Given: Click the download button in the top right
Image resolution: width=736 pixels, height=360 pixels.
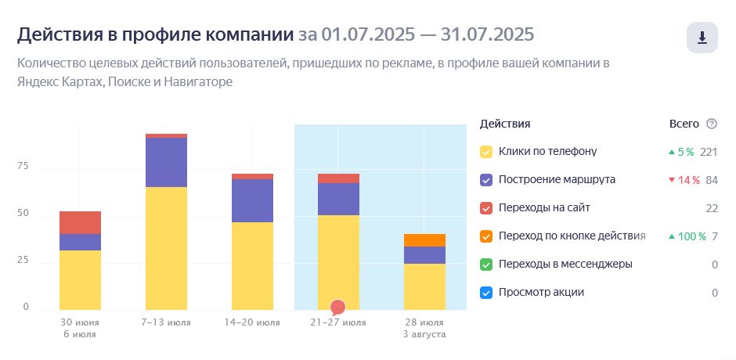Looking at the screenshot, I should pyautogui.click(x=702, y=38).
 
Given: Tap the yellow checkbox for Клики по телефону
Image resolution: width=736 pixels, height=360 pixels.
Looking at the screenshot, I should pyautogui.click(x=485, y=152).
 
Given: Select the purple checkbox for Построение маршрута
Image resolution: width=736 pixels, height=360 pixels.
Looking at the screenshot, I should pyautogui.click(x=485, y=180).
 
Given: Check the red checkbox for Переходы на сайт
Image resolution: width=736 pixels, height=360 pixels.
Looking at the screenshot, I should pyautogui.click(x=485, y=208).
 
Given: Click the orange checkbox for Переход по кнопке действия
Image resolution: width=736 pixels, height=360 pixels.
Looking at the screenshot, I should pyautogui.click(x=485, y=236).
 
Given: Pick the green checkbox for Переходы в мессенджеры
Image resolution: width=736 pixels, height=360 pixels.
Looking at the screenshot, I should pyautogui.click(x=485, y=265).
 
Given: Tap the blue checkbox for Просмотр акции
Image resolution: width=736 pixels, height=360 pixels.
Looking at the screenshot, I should pyautogui.click(x=485, y=293).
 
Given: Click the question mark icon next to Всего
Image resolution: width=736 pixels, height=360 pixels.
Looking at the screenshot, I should pyautogui.click(x=712, y=124).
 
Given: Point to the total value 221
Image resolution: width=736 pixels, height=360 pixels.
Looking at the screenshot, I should pyautogui.click(x=709, y=152).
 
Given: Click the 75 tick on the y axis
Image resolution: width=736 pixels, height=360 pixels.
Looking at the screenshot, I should pyautogui.click(x=23, y=167).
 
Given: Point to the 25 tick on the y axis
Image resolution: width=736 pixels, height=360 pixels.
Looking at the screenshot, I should pyautogui.click(x=23, y=261).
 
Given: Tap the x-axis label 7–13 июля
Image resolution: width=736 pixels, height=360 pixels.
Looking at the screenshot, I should pyautogui.click(x=166, y=322).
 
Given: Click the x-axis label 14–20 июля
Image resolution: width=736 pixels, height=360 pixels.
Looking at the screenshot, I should pyautogui.click(x=252, y=322).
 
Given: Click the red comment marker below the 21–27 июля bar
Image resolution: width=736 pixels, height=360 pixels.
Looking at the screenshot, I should pyautogui.click(x=337, y=307).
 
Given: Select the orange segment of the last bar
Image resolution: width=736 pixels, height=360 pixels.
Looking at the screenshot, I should pyautogui.click(x=424, y=240).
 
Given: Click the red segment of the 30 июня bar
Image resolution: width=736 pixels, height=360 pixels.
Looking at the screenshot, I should pyautogui.click(x=80, y=222).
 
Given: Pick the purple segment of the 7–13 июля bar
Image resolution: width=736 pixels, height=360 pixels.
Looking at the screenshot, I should pyautogui.click(x=166, y=162).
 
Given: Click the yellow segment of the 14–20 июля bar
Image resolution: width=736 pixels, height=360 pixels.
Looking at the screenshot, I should pyautogui.click(x=252, y=266).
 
